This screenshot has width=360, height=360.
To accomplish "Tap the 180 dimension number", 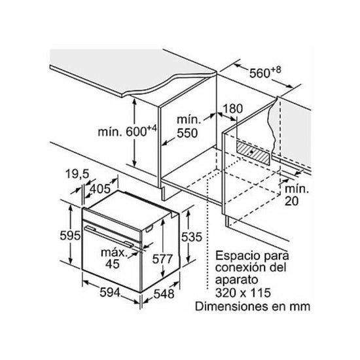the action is click(232, 109).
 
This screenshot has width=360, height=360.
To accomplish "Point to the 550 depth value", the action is click(187, 133).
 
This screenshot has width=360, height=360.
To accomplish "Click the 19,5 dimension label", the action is click(77, 174).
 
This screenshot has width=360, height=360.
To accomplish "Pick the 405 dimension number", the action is click(100, 189).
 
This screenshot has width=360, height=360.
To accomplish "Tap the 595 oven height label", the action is click(70, 236).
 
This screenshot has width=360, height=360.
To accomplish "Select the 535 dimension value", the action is click(192, 237).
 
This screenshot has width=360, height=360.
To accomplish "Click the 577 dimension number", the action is click(162, 259).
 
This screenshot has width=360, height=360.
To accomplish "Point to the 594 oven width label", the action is click(110, 293).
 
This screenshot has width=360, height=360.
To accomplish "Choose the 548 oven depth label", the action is click(164, 294).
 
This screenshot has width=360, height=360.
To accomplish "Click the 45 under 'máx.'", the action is click(113, 264).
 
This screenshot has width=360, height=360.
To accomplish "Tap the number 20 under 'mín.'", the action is click(291, 201).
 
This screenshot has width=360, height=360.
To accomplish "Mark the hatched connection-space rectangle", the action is click(252, 153).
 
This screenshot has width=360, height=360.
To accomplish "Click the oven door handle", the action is click(109, 236).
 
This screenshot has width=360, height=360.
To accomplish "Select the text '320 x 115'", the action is click(243, 293).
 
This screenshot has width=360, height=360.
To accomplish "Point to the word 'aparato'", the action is click(236, 280).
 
